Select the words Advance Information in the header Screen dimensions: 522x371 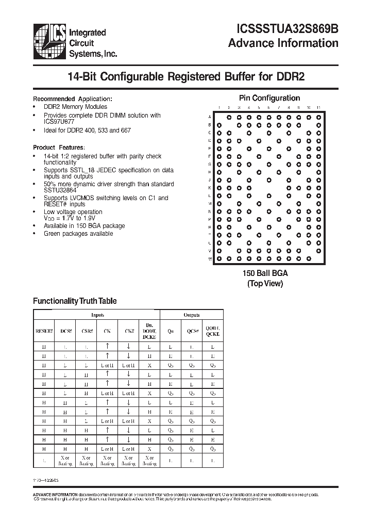pos(283,43)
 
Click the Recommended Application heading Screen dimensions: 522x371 pos(72,99)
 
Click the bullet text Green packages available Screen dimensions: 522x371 pos(78,234)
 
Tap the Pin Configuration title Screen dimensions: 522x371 pos(269,98)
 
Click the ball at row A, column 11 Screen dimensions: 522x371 pos(318,117)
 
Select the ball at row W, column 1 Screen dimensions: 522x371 pos(219,258)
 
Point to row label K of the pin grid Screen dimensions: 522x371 pos(210,188)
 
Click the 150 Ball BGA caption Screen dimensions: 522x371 pos(265,273)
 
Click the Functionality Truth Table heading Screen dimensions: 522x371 pos(75,301)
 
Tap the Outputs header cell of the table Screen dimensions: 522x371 pos(192,315)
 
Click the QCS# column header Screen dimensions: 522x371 pos(192,332)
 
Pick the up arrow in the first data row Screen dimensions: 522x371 pos(107,347)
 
